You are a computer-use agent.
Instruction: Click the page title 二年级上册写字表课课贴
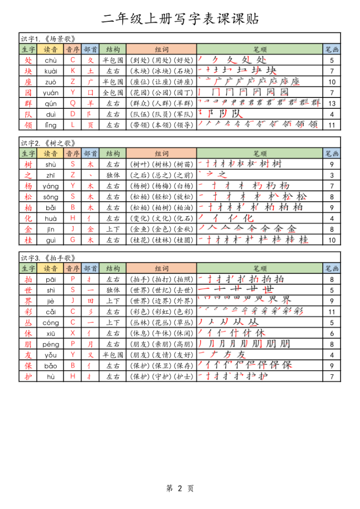tap(180, 19)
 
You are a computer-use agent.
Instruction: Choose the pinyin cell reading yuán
tap(51, 92)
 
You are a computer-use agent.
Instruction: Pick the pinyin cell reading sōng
tap(51, 197)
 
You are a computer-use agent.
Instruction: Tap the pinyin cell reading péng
tap(51, 344)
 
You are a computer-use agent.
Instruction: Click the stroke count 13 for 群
tap(332, 103)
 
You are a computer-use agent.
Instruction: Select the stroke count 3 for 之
tap(332, 175)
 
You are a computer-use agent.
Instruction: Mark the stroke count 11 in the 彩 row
tap(332, 312)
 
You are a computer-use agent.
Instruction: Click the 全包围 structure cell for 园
tap(113, 92)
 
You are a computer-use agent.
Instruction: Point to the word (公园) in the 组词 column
tap(161, 92)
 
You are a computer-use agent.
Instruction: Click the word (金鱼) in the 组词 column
tap(140, 229)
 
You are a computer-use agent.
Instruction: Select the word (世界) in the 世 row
tap(140, 290)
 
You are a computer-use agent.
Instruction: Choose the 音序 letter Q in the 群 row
tap(73, 103)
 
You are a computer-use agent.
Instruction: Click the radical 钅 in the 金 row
tap(90, 229)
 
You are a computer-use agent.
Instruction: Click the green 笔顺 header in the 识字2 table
tap(260, 154)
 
